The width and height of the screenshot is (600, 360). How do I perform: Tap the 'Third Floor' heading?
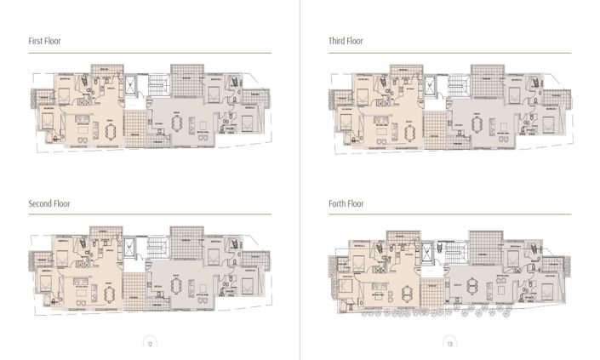click(346, 41)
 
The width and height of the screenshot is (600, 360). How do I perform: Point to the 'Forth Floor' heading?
click(346, 204)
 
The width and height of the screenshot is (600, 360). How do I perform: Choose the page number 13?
click(451, 343)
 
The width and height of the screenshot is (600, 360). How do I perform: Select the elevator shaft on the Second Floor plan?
click(130, 248)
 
